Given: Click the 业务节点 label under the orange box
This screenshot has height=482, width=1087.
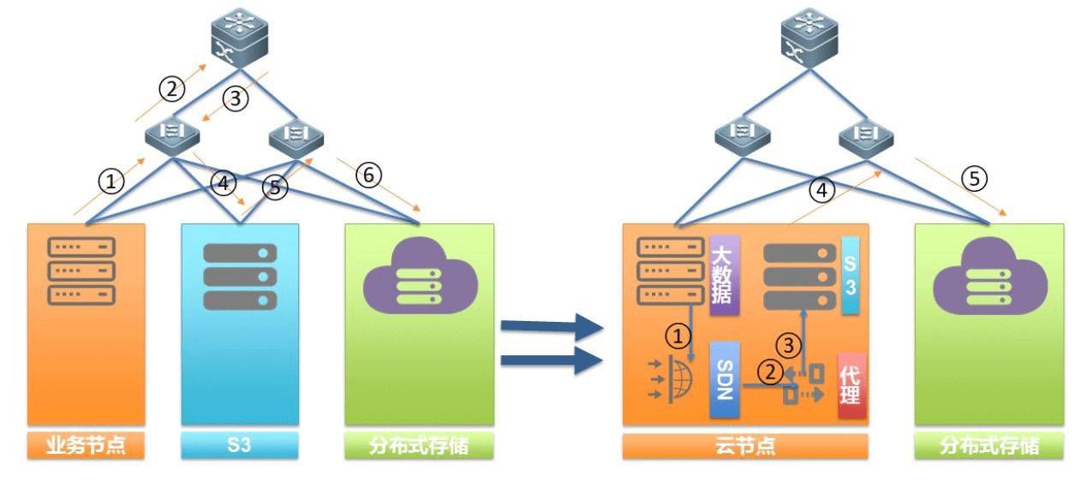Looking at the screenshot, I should pyautogui.click(x=86, y=446).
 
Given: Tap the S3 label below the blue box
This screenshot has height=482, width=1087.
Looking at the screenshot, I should pyautogui.click(x=240, y=446).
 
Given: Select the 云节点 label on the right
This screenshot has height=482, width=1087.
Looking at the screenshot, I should pyautogui.click(x=744, y=446).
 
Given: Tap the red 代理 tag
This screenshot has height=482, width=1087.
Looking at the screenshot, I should pyautogui.click(x=851, y=385).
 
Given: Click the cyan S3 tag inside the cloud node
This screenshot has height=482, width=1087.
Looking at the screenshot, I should pyautogui.click(x=849, y=276).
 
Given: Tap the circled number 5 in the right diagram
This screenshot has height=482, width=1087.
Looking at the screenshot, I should pyautogui.click(x=974, y=178).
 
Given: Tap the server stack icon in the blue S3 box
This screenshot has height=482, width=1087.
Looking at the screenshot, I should pyautogui.click(x=240, y=277).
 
